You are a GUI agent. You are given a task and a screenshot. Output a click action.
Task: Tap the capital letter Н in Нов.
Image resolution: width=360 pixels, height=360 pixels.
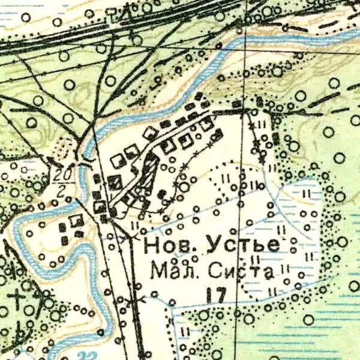pos(153,245)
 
